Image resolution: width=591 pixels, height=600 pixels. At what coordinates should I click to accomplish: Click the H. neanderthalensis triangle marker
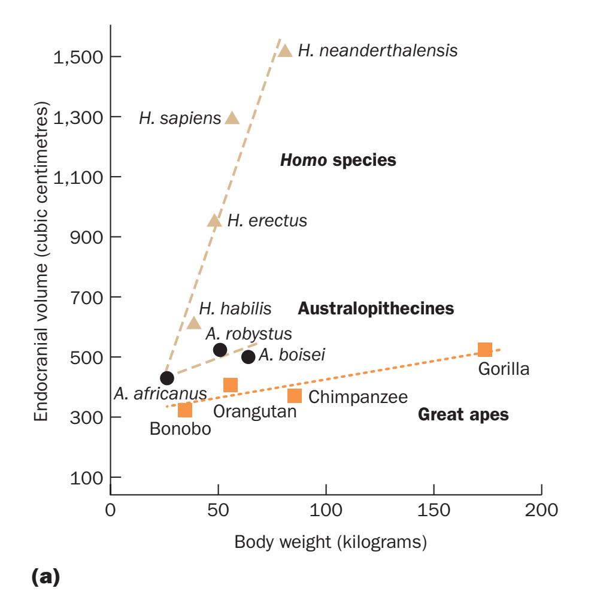(x=286, y=51)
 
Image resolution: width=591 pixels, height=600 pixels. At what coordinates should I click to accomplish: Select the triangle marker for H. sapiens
(x=232, y=118)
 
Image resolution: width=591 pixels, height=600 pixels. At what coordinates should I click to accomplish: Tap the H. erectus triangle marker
(x=214, y=221)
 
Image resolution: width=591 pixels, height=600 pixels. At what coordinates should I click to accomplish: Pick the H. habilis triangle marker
(x=193, y=323)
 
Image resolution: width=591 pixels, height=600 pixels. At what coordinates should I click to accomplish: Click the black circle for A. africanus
(x=167, y=378)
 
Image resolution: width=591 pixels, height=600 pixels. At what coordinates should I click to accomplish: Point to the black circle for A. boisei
(x=248, y=357)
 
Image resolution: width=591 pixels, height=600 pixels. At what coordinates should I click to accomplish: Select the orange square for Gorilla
(x=485, y=350)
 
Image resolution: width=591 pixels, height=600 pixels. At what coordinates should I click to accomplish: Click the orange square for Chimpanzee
(x=294, y=396)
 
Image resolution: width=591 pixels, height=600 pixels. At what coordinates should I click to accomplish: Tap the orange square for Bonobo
(x=185, y=410)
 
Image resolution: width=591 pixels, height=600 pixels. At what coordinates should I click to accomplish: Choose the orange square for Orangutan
(x=231, y=385)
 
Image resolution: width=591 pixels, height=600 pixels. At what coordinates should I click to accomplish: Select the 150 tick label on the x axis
(x=434, y=512)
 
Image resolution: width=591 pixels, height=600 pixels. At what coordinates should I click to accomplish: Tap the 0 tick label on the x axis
(x=110, y=512)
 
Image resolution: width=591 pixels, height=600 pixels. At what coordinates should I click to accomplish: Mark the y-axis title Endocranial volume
(x=41, y=266)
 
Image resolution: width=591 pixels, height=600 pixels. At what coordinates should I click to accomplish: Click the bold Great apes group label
(x=463, y=414)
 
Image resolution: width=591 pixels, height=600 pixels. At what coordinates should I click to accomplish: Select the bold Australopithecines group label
(x=375, y=309)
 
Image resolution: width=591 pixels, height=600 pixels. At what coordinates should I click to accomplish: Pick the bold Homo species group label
(x=338, y=160)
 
